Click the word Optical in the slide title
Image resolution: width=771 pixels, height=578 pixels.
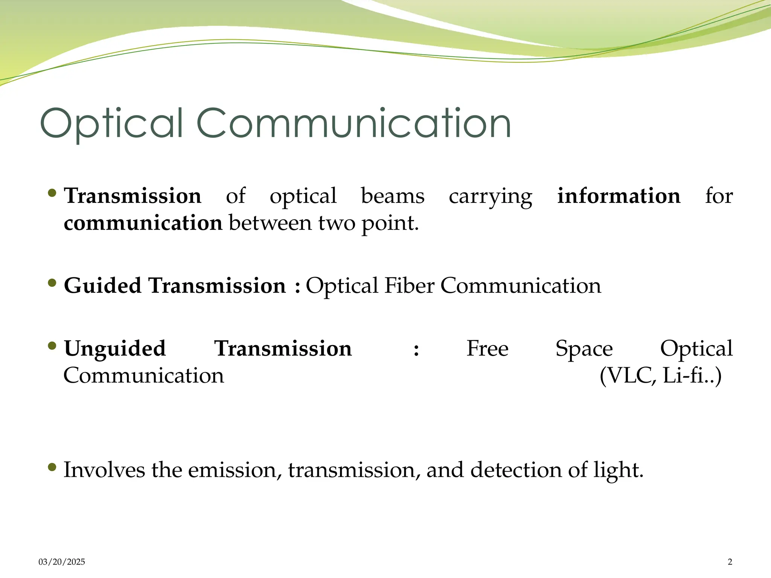point(111,123)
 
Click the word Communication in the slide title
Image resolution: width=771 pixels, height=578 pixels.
point(354,123)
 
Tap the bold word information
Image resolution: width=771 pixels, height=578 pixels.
point(619,196)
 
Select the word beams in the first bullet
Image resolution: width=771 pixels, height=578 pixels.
point(393,196)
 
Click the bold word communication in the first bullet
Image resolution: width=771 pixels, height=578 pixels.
point(143,223)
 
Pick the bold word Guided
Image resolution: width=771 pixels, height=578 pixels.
point(102,286)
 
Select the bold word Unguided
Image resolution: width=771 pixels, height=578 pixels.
point(115,349)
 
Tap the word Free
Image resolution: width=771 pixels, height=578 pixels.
point(488,348)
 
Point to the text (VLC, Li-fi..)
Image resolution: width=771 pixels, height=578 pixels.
point(661,376)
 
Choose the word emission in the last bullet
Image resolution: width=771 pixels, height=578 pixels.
point(235,470)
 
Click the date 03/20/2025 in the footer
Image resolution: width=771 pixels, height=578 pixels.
point(62,562)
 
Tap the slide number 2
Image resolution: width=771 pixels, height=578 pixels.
point(730,562)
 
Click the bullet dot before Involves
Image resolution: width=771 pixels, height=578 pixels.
point(52,468)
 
